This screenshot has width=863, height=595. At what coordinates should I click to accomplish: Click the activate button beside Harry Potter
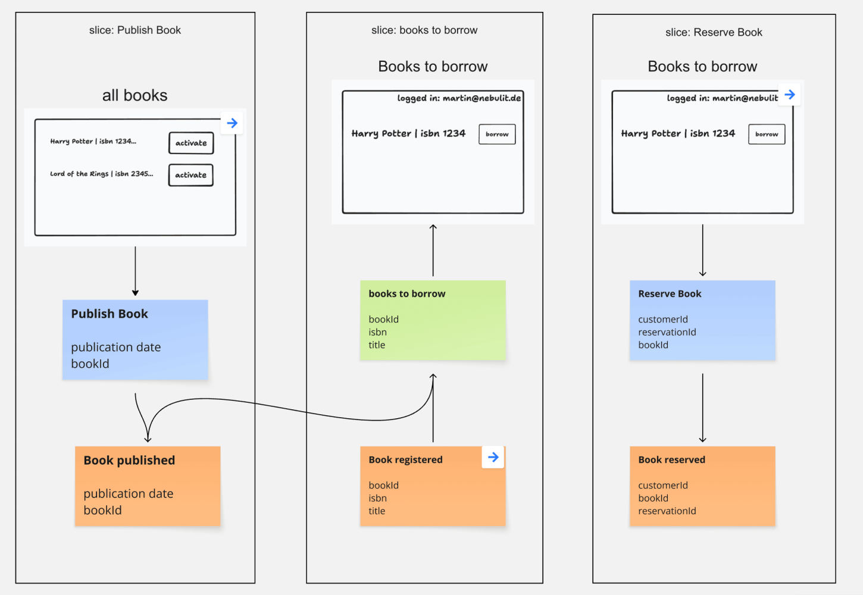[191, 143]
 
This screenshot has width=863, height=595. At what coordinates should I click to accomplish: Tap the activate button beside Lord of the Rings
[190, 175]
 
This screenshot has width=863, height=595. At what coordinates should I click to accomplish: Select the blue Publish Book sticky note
[135, 339]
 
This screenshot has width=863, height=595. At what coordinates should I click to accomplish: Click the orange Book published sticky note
[148, 486]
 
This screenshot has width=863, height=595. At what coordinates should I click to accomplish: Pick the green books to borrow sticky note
[433, 320]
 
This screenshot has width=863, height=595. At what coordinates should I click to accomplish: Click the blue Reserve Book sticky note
[702, 320]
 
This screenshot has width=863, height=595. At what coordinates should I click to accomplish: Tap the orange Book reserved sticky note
[702, 486]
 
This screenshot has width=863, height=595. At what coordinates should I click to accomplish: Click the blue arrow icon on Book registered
[493, 457]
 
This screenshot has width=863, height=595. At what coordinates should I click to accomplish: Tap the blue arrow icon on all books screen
[232, 123]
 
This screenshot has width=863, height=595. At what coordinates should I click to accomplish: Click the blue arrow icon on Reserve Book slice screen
[789, 95]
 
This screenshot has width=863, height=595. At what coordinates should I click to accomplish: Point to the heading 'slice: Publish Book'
[135, 30]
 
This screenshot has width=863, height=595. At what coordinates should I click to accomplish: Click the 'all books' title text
[135, 95]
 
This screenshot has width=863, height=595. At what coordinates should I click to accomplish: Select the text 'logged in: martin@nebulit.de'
[459, 98]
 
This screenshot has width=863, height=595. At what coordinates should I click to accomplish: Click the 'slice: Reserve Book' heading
[714, 33]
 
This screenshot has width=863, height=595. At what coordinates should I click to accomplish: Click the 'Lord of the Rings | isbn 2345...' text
[101, 174]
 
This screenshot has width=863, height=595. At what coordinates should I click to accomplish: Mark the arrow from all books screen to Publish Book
[135, 271]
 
